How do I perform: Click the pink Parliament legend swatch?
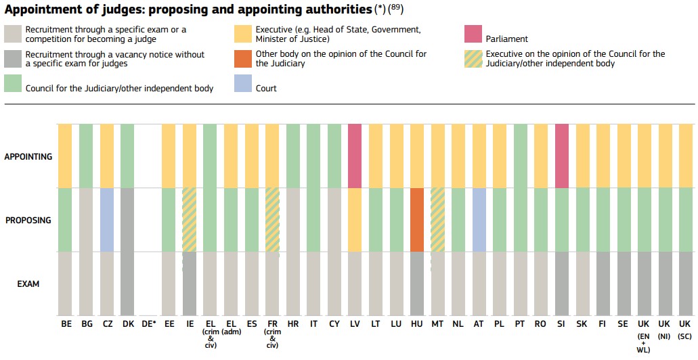[473, 34]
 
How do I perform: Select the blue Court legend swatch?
[243, 84]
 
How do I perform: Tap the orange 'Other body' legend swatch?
[243, 59]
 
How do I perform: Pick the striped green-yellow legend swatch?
[473, 59]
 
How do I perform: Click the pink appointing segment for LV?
[355, 156]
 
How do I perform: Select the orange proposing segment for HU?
[417, 219]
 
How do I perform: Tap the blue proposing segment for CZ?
[107, 219]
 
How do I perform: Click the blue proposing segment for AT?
[479, 219]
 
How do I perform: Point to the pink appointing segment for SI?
[561, 156]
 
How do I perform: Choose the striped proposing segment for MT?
[437, 219]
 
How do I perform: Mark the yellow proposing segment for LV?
[355, 219]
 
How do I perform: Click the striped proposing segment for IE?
[190, 219]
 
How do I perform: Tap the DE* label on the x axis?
[149, 324]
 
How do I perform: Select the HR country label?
[293, 324]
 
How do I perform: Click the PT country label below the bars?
[520, 324]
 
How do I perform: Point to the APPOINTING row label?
[28, 156]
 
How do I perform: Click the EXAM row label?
[28, 284]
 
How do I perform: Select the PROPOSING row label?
[28, 220]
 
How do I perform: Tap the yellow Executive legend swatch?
[243, 34]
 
